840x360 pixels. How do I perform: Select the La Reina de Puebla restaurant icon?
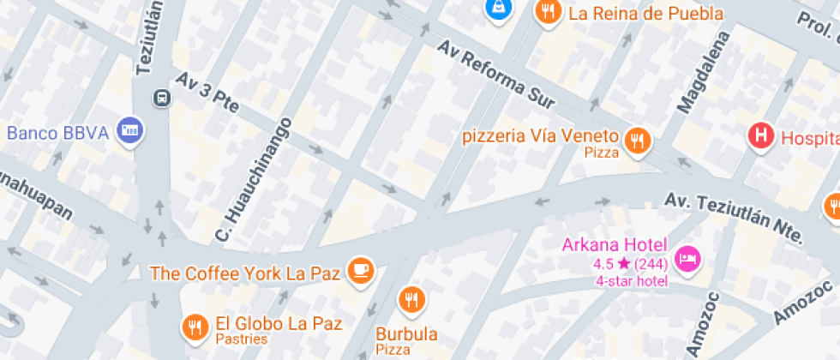pos(547,12)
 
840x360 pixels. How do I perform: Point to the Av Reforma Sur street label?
pos(497,75)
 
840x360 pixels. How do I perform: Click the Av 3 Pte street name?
pos(207,93)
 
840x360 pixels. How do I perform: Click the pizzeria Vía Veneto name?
pos(540,136)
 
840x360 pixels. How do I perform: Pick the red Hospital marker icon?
pos(760,135)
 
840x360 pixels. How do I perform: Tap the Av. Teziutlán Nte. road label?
pos(734,217)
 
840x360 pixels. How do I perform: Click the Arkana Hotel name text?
pos(611,244)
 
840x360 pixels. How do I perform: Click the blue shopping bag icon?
pos(497,9)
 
